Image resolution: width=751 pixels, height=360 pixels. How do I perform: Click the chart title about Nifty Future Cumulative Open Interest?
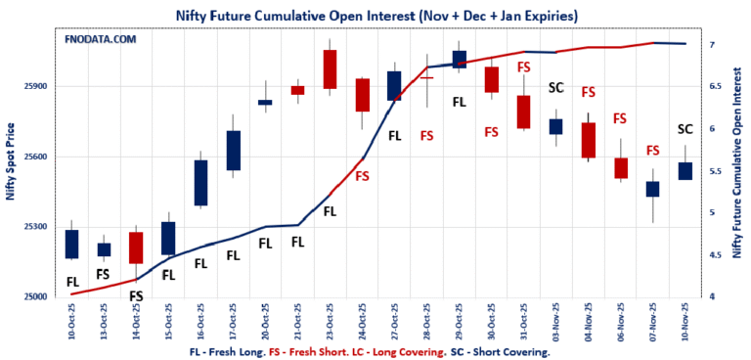coord(375,17)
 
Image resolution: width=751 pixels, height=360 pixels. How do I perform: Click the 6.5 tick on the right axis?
coord(716,87)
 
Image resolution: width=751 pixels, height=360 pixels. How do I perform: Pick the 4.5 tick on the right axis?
coord(716,255)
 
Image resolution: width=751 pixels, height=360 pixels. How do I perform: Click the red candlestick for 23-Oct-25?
coord(330,68)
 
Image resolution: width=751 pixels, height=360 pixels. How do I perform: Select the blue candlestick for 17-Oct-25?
coord(233,151)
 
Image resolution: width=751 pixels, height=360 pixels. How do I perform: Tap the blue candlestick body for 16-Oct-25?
coord(200,183)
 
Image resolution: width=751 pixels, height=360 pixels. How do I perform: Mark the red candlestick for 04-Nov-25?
coord(588,140)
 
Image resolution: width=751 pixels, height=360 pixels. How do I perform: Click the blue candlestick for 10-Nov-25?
coord(685,170)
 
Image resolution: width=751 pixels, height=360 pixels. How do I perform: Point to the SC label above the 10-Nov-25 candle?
coord(685,129)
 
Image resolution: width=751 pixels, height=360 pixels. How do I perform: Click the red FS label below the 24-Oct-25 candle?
coord(362,176)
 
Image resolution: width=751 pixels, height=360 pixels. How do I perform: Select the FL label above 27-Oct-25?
coord(395,136)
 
